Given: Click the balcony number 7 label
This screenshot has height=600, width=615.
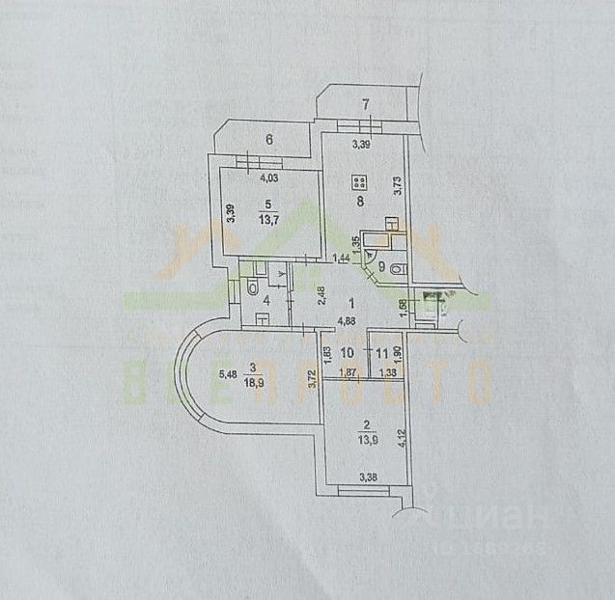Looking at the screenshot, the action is pos(365,104).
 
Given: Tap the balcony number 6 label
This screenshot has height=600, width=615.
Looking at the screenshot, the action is pos(269,139).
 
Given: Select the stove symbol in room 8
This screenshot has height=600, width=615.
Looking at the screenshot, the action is pos(358,180).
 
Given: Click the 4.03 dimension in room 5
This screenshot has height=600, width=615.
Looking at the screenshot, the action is pos(269,177).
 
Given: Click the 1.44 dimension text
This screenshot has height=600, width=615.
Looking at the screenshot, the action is pos(340,257).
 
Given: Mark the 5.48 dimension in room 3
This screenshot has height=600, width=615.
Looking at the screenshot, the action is pos(227,374).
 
